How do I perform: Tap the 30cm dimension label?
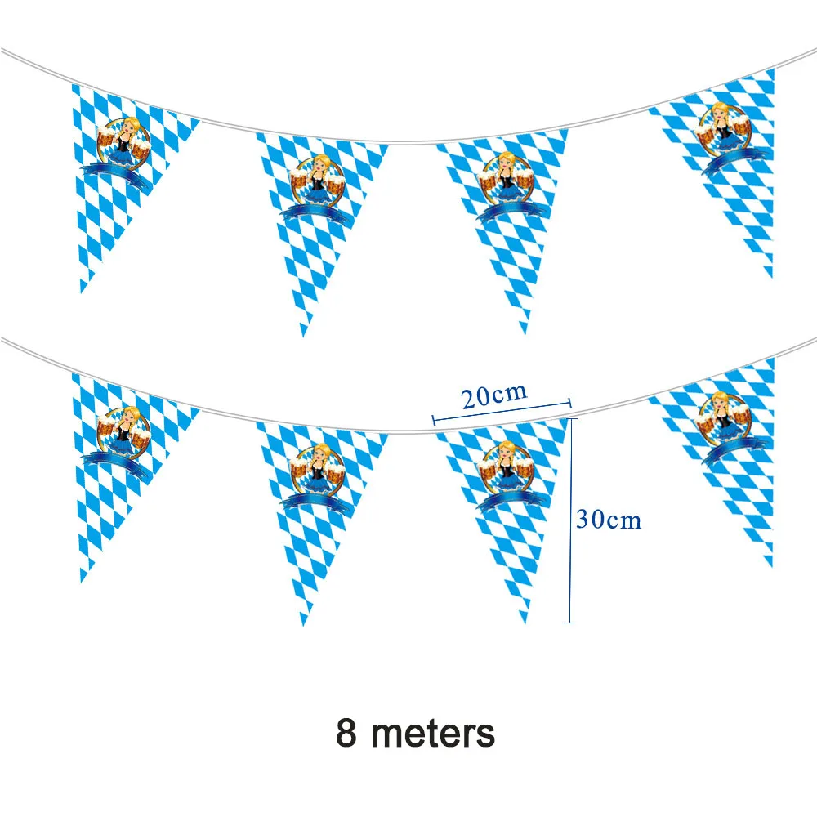pyautogui.click(x=609, y=520)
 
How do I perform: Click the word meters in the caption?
pyautogui.click(x=433, y=733)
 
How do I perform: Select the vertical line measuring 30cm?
pyautogui.click(x=570, y=520)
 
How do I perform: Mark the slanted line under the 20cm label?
pyautogui.click(x=501, y=412)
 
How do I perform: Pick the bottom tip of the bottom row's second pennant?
pyautogui.click(x=304, y=626)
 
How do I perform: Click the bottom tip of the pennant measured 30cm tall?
pyautogui.click(x=525, y=623)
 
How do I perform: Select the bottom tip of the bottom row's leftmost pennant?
pyautogui.click(x=82, y=582)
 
